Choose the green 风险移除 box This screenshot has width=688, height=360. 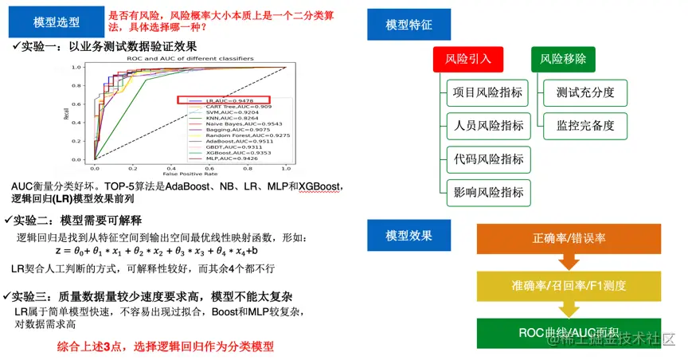[x=563, y=59]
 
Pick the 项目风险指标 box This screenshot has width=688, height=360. [x=488, y=92]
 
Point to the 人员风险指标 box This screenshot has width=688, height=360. [x=488, y=126]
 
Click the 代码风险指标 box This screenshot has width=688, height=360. [x=488, y=158]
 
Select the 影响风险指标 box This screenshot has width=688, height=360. [x=488, y=192]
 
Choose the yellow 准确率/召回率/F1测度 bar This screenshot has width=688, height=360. [x=569, y=285]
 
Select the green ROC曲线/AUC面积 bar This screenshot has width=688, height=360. [x=569, y=331]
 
